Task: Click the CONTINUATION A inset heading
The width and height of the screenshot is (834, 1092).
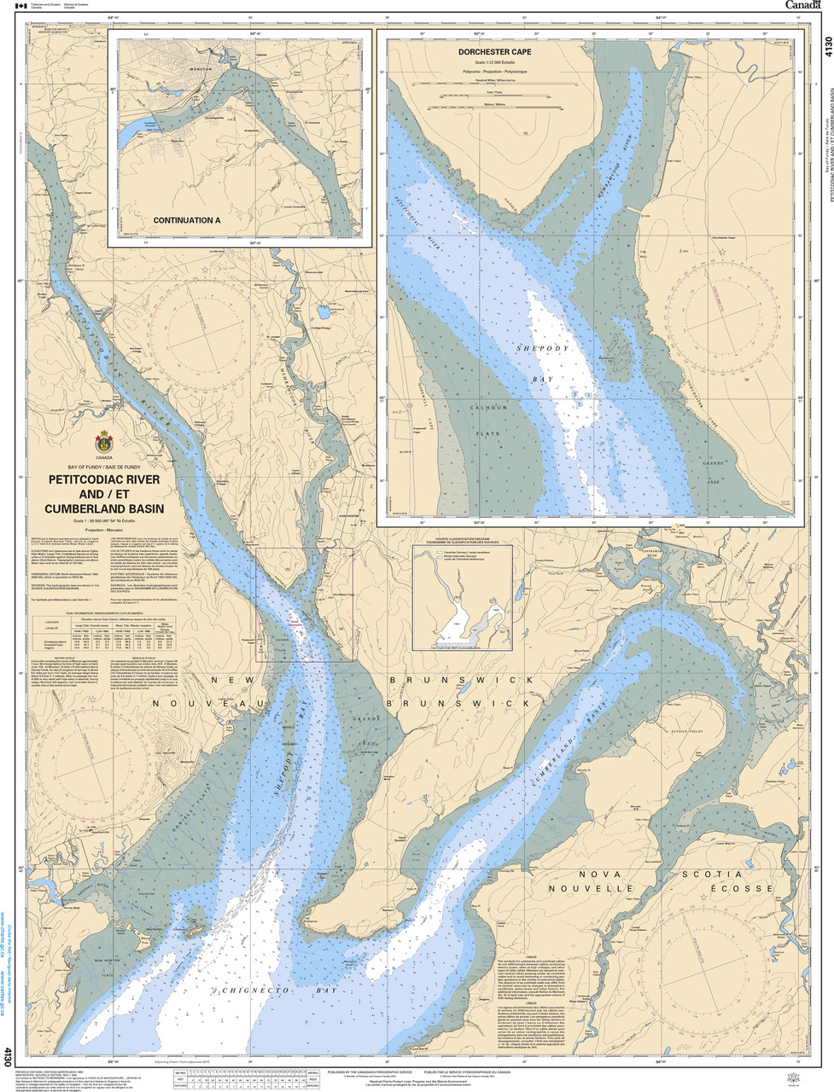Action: tap(186, 220)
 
